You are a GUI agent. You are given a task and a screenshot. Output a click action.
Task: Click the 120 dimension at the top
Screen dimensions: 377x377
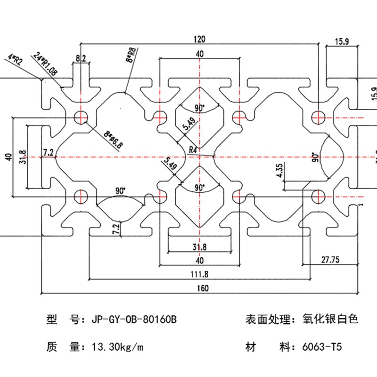[x=199, y=40]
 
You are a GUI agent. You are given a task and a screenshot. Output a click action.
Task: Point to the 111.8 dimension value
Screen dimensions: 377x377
[x=199, y=274]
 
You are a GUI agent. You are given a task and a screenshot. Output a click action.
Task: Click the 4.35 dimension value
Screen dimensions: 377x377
[x=280, y=170]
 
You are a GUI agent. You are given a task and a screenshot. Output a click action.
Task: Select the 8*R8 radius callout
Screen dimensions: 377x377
[x=131, y=55]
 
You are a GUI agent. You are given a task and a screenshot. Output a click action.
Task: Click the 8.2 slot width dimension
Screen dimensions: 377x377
[x=81, y=58]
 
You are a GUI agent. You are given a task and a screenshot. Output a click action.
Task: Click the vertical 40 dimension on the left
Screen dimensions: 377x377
[x=7, y=156]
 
